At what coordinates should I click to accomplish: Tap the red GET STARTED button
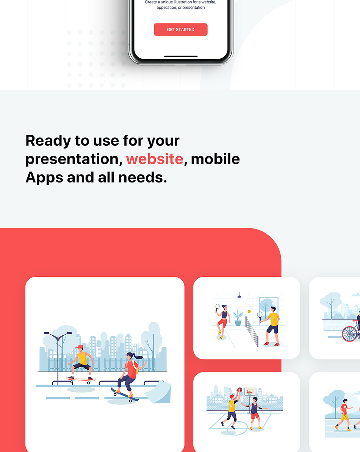point(181,30)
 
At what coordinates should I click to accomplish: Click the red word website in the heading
point(155,159)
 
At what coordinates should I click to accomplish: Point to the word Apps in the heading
point(44,178)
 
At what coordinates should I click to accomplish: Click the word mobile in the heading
point(215,159)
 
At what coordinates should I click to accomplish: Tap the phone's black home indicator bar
point(181,56)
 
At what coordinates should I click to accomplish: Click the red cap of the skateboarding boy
point(80,346)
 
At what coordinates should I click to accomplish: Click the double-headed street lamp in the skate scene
point(58,357)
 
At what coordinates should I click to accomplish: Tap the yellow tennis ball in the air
point(249,312)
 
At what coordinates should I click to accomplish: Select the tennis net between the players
point(252,332)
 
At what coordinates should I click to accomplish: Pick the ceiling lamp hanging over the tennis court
point(239,296)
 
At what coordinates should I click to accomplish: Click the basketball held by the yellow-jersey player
point(239,390)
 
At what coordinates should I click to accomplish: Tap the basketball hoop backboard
point(250,391)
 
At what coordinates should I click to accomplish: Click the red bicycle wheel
point(350,334)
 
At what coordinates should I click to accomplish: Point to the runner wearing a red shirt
point(344,415)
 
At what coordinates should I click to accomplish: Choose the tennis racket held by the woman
point(218,308)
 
